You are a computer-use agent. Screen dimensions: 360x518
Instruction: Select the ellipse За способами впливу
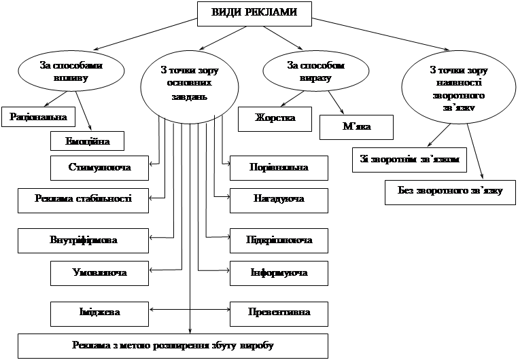[71, 71]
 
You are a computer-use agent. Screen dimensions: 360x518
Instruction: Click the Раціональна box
[38, 117]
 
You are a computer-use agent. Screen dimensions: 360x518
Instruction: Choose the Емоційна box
[88, 141]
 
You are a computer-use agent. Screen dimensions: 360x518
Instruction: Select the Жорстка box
[275, 118]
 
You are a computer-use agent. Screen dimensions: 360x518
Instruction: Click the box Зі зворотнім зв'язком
[410, 160]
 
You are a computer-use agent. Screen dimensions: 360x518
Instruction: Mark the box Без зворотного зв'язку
[450, 191]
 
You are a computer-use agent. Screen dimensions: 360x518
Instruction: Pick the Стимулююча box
[100, 166]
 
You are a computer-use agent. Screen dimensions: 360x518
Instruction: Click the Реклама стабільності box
[83, 200]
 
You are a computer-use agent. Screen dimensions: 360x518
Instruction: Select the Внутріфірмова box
[83, 240]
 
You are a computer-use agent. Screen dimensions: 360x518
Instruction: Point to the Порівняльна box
[279, 167]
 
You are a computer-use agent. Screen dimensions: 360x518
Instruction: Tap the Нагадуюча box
[279, 200]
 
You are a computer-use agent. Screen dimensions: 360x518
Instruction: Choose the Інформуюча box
[279, 273]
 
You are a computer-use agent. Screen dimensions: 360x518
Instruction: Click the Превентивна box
[279, 313]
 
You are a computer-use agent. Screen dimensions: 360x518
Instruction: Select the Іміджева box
[100, 313]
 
